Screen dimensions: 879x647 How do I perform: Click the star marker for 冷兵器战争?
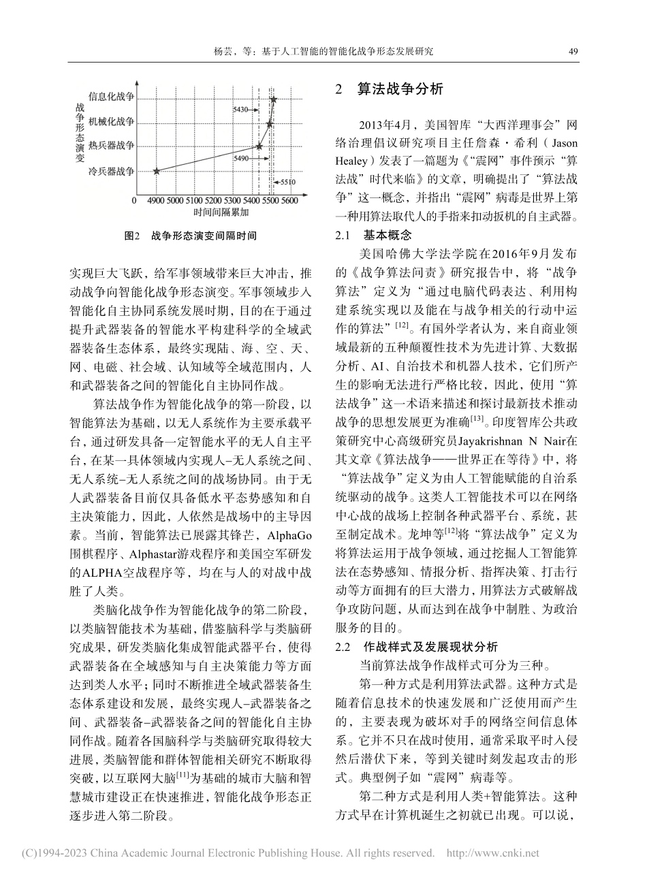pyautogui.click(x=157, y=171)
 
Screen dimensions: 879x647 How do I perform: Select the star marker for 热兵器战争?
pyautogui.click(x=259, y=146)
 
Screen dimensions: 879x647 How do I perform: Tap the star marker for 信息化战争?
pyautogui.click(x=273, y=99)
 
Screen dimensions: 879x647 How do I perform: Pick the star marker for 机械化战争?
pyautogui.click(x=269, y=124)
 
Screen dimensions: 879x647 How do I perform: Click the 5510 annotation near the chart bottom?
pyautogui.click(x=288, y=182)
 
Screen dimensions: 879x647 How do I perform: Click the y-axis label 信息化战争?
pyautogui.click(x=112, y=98)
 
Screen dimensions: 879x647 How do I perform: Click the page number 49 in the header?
pyautogui.click(x=573, y=51)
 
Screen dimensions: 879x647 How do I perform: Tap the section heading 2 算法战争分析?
pyautogui.click(x=390, y=90)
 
